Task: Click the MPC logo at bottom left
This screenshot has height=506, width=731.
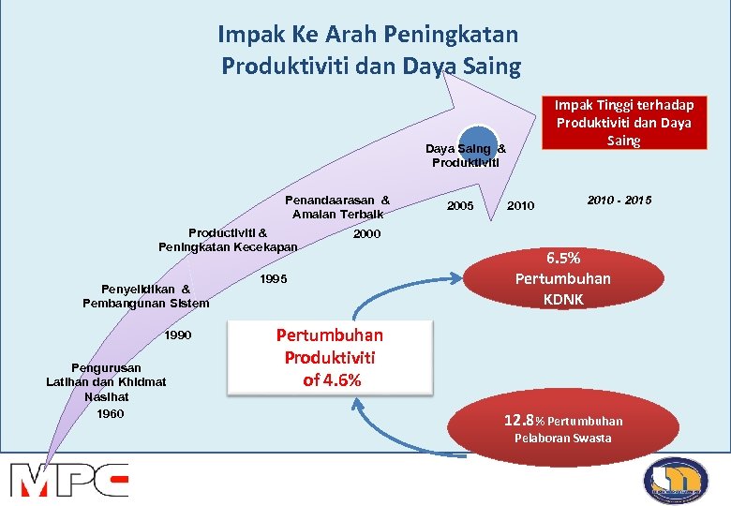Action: (69, 479)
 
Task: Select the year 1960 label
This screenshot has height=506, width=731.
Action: (110, 413)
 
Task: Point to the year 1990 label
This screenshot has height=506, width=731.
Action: (177, 335)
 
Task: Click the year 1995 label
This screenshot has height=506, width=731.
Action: (273, 279)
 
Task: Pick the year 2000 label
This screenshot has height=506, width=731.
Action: (366, 233)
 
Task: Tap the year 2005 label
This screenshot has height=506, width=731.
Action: (460, 205)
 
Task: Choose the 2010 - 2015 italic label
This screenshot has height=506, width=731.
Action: (619, 201)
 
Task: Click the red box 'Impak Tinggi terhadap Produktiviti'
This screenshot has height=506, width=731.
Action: (624, 123)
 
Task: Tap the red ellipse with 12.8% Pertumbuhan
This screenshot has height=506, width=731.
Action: (562, 428)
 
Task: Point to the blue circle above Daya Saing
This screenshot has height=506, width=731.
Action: (479, 138)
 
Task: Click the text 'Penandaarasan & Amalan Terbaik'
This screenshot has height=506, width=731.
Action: (337, 206)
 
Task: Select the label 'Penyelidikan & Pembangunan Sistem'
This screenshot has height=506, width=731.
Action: (145, 296)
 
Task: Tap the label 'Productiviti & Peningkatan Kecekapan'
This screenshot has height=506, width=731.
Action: (228, 239)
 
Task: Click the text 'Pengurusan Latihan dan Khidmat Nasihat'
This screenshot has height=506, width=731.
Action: (106, 381)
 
